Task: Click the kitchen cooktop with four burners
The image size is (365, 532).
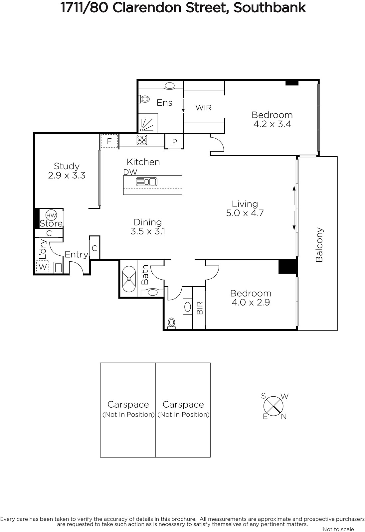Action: coord(142,140)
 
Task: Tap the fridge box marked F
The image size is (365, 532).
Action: coord(109,141)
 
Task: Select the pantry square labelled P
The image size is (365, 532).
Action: coord(174,141)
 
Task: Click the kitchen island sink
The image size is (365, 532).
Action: coord(146,182)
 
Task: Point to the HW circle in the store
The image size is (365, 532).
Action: coord(51,215)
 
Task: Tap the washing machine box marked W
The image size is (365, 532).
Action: coord(43,267)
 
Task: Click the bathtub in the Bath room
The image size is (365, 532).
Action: coord(129,279)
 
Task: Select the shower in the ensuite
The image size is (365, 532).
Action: coord(148,123)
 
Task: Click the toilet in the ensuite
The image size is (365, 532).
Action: coord(144,99)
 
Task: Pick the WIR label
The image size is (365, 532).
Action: coord(203,108)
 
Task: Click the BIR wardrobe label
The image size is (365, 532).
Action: coord(200,308)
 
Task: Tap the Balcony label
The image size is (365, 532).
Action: coord(319,245)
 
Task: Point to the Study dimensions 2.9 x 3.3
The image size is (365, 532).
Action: coord(67,176)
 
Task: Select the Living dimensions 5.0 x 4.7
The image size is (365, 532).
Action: coord(245,213)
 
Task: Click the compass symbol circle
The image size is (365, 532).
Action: coord(273,406)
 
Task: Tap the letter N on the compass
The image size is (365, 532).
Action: coord(284,417)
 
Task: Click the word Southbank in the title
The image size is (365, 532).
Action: coord(270,8)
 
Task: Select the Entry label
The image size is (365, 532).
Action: coord(77,255)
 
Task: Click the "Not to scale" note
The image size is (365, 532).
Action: coord(338,529)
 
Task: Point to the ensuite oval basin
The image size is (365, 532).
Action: coord(170,86)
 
